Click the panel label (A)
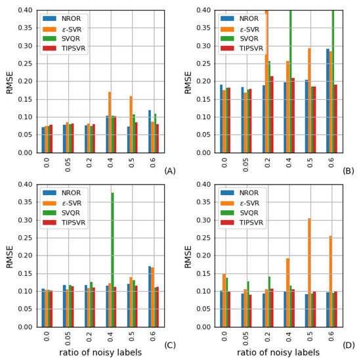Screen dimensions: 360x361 (x=170, y=171)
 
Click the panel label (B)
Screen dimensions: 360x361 (x=348, y=171)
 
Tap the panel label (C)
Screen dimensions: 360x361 (x=170, y=345)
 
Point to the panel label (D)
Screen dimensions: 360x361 (x=348, y=345)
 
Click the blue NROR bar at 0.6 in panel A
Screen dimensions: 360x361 (x=149, y=131)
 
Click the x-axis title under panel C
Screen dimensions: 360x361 (x=98, y=353)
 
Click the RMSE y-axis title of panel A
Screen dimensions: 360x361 (x=9, y=81)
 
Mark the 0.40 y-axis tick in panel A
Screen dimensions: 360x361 (x=25, y=11)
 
